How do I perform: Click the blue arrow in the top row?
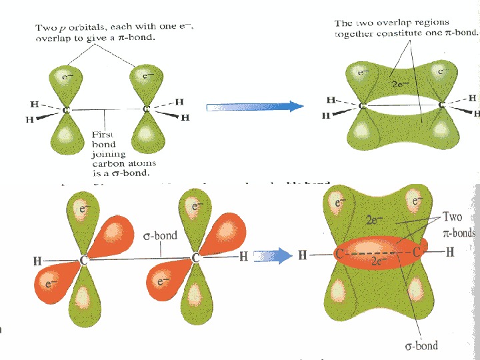253,106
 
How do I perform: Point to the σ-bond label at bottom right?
422,345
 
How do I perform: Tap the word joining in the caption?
105,153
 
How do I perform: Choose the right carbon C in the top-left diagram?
146,109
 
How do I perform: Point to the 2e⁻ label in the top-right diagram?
400,84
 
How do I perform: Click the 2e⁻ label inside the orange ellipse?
379,263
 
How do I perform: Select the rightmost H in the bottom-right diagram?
450,253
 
